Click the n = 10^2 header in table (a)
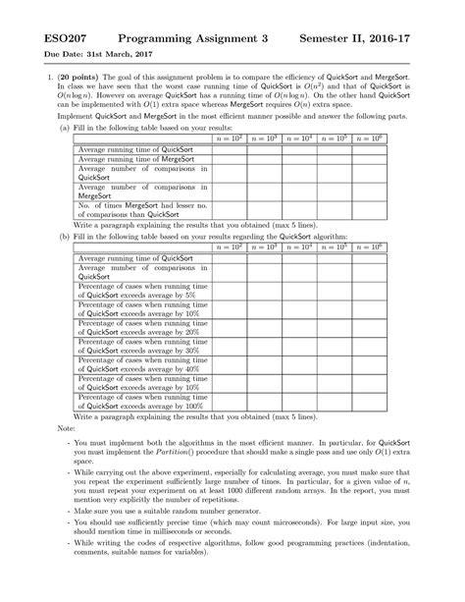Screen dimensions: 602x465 [228, 140]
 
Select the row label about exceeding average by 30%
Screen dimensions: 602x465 [142, 345]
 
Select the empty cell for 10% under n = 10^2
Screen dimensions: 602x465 [228, 307]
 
